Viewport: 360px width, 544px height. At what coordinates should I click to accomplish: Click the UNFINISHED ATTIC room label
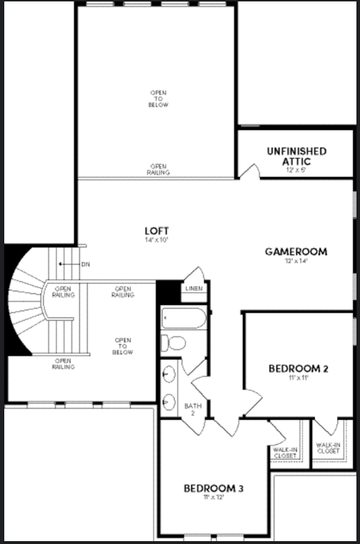(297, 155)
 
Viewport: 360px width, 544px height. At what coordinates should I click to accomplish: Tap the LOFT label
(155, 231)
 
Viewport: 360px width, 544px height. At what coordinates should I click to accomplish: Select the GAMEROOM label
(296, 252)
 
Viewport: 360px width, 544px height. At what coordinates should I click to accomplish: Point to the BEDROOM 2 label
(298, 369)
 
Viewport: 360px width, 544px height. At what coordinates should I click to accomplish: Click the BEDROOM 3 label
(214, 488)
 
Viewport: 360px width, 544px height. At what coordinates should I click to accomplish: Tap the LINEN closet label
(193, 289)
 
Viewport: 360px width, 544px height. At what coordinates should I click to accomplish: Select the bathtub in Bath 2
(183, 317)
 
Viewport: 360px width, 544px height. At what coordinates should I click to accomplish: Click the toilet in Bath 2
(173, 343)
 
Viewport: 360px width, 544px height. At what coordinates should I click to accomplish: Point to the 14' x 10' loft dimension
(155, 240)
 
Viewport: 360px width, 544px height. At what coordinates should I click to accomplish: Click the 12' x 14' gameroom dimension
(295, 261)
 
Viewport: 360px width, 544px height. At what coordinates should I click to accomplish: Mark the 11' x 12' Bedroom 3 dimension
(214, 497)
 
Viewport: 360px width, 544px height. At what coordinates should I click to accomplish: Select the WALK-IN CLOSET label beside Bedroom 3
(284, 451)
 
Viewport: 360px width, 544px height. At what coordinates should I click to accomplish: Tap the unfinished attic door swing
(247, 171)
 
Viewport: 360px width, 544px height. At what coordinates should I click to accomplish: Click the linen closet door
(195, 274)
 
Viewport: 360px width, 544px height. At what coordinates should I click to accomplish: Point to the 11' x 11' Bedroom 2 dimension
(298, 378)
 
